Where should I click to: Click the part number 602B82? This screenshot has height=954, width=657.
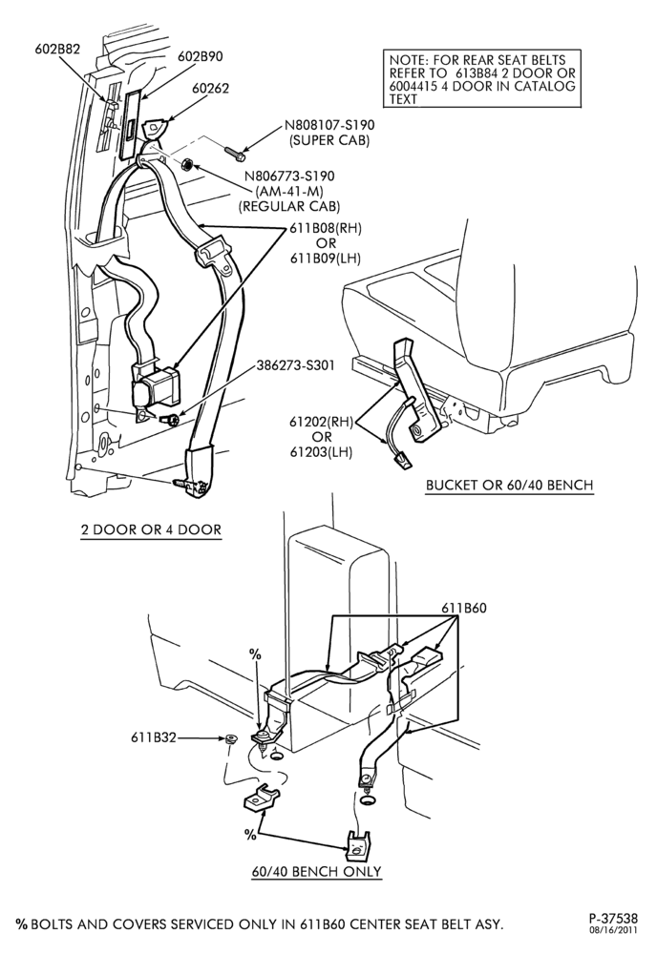[56, 50]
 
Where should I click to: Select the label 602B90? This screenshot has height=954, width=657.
[201, 56]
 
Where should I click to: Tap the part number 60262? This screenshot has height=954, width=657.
[211, 89]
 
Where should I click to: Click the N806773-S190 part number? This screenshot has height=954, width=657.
[290, 176]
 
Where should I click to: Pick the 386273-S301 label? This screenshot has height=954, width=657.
[294, 365]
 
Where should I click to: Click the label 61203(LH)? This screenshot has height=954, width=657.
[322, 452]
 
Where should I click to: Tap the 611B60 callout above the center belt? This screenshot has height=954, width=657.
[464, 608]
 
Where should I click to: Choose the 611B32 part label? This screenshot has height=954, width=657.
[154, 737]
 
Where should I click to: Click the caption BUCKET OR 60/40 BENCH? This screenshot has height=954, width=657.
[509, 485]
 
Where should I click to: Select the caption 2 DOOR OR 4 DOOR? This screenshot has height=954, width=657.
[151, 529]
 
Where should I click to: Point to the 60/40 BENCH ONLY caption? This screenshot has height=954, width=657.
[317, 871]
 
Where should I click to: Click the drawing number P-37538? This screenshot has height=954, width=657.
[613, 918]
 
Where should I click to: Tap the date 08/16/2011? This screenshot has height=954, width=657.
[613, 929]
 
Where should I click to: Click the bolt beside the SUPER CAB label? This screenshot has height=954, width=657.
[235, 153]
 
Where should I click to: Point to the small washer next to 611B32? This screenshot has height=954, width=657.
[230, 739]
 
